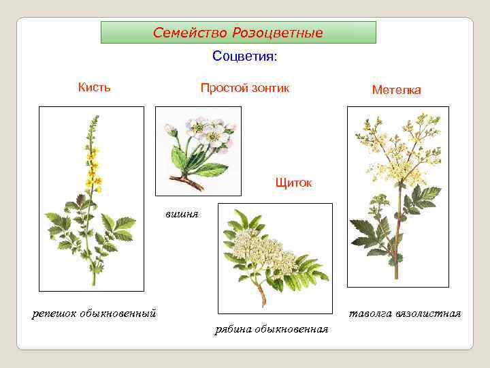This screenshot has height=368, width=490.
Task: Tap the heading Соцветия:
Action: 244,56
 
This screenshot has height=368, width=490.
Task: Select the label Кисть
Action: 94,87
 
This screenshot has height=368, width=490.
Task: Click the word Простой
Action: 223,88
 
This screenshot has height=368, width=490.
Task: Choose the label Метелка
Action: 396,90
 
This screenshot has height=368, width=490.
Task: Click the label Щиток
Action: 293,183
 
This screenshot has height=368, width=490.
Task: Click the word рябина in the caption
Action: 233,329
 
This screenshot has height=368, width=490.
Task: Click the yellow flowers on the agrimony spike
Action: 92,167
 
